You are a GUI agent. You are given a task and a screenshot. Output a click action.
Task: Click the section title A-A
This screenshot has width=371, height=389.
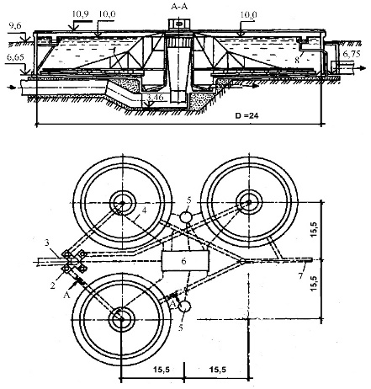179,7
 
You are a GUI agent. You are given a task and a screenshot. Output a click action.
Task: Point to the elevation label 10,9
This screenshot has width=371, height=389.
80,14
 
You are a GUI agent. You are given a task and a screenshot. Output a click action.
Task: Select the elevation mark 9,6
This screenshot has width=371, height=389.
15,25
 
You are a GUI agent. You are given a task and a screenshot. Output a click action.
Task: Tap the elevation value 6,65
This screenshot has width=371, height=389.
16,57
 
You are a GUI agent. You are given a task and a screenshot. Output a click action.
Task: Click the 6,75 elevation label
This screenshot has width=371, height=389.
352,54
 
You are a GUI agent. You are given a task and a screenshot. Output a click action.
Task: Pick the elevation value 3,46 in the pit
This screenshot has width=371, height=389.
155,98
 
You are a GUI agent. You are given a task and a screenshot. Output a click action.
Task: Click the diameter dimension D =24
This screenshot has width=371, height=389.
247,115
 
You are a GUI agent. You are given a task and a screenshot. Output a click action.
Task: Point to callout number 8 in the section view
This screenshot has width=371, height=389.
297,60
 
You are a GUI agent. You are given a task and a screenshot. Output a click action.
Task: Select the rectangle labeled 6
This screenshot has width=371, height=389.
185,261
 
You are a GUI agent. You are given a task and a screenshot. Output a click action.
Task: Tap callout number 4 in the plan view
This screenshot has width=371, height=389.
144,210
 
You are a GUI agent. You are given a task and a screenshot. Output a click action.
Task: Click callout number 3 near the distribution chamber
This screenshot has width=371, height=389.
47,242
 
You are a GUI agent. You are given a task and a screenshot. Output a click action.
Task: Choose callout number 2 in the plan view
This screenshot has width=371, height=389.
52,285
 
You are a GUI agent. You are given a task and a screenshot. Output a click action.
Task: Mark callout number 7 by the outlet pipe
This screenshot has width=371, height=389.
301,275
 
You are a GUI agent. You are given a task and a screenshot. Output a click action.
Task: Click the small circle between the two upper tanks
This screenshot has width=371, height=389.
185,217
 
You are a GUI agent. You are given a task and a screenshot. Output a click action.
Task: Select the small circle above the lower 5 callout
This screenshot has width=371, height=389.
184,306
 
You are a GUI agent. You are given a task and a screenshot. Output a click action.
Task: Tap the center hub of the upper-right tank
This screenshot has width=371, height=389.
249,202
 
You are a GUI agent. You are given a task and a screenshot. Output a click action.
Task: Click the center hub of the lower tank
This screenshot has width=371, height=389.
121,319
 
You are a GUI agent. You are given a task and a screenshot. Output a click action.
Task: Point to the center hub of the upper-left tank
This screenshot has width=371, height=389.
123,202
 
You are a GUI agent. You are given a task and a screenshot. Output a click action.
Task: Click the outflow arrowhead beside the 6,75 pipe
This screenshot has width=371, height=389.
363,68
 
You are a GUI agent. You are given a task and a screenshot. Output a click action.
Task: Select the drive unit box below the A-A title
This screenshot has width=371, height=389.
179,24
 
